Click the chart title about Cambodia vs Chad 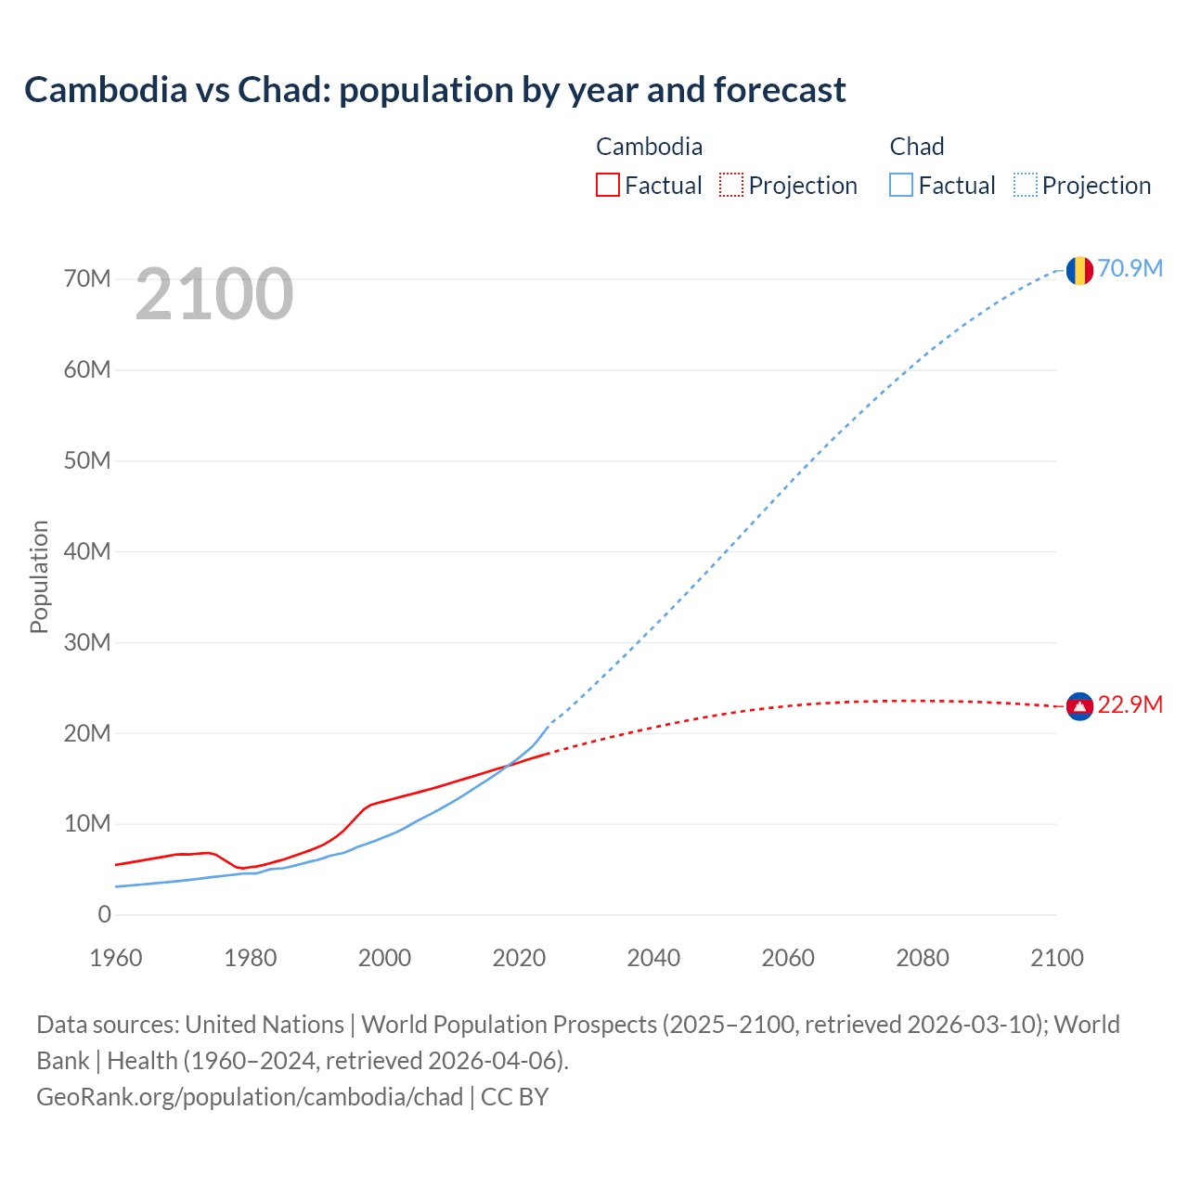[x=434, y=90]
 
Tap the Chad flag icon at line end [x=1078, y=270]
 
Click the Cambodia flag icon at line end [x=1078, y=706]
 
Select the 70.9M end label [x=1130, y=268]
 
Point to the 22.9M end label [x=1130, y=704]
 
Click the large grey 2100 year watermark [x=214, y=294]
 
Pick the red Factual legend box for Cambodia [x=607, y=186]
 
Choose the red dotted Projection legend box [x=731, y=186]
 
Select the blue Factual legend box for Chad [x=900, y=186]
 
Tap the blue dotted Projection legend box [x=1025, y=186]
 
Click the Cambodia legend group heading [x=649, y=147]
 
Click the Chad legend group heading [x=916, y=147]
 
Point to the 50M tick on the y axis [x=87, y=461]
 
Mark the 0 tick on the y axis [x=104, y=915]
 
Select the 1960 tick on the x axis [x=116, y=958]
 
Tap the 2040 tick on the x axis [x=653, y=958]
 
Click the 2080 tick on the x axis [x=923, y=958]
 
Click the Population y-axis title [x=39, y=576]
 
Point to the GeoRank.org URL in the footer [x=250, y=1097]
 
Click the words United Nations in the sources [x=265, y=1025]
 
